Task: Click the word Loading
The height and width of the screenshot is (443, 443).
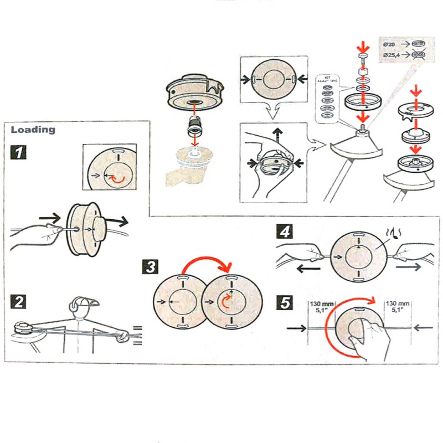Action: [x=33, y=130]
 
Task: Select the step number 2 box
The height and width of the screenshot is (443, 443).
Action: [x=19, y=302]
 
